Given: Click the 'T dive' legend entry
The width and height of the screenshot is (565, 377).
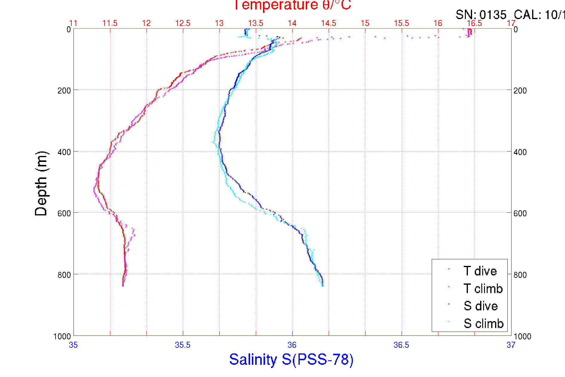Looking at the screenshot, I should (x=480, y=271).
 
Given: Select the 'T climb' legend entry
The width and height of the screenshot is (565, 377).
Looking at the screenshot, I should (x=483, y=289).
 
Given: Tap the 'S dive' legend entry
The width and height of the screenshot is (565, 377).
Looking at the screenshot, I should (x=480, y=306).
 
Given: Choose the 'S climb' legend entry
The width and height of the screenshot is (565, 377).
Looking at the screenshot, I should (x=483, y=324).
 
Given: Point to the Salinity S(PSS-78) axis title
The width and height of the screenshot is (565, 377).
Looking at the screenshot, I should (x=291, y=359).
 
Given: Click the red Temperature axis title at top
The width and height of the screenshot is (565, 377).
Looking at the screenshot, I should (x=292, y=5).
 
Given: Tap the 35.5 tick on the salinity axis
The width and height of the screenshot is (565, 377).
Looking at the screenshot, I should (x=183, y=345).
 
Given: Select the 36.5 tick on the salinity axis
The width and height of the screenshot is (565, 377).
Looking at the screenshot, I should (x=401, y=345).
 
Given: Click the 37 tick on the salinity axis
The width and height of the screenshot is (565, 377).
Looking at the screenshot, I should (x=511, y=345).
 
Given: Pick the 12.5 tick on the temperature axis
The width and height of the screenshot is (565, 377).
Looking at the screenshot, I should (x=183, y=23).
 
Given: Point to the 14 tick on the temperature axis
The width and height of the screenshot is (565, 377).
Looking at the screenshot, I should (x=292, y=23).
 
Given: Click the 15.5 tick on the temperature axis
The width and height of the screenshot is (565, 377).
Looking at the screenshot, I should (x=401, y=23).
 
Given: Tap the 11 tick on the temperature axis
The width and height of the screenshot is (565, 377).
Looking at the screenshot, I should (x=73, y=23).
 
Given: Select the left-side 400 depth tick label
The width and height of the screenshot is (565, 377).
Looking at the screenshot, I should (x=64, y=152).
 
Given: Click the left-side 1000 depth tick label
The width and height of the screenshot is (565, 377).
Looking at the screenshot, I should (x=62, y=336).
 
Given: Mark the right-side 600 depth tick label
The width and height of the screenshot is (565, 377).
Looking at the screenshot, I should (x=520, y=213).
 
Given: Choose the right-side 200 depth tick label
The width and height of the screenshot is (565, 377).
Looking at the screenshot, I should (x=520, y=91).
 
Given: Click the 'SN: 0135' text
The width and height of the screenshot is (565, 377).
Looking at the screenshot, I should (x=481, y=15).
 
